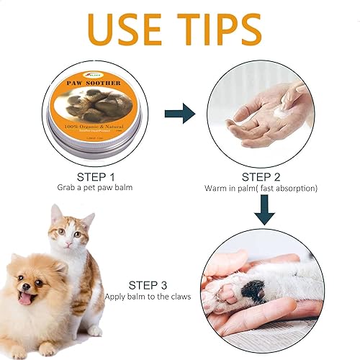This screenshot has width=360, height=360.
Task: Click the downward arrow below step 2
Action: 266,209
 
